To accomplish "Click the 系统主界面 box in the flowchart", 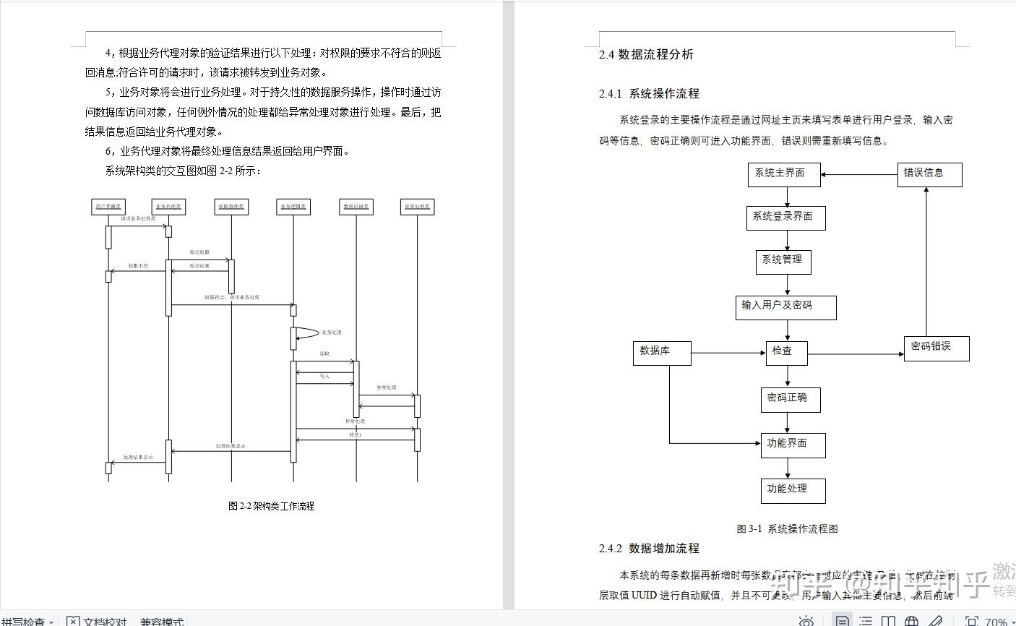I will point(783,174).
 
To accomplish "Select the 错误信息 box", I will point(929,174).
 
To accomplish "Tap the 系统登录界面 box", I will point(785,218).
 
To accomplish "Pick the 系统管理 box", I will point(783,261).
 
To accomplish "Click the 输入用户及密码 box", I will point(785,306).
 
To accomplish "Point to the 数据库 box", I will point(661,352).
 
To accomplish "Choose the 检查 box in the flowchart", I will point(786,352).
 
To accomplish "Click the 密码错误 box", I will point(936,348).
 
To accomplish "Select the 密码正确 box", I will point(790,399).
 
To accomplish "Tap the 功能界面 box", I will point(792,445).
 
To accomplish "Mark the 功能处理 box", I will point(792,490).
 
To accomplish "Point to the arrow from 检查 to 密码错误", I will point(855,354).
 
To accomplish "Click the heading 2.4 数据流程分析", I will point(646,54).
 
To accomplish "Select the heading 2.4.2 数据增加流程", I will point(649,549).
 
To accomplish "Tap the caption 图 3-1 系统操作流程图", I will point(787,529).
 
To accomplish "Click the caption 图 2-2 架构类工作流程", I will point(271,506).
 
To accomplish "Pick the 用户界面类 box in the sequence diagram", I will point(108,207).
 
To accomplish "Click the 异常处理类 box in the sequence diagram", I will point(417,207).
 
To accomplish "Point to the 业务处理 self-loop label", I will point(332,333).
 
